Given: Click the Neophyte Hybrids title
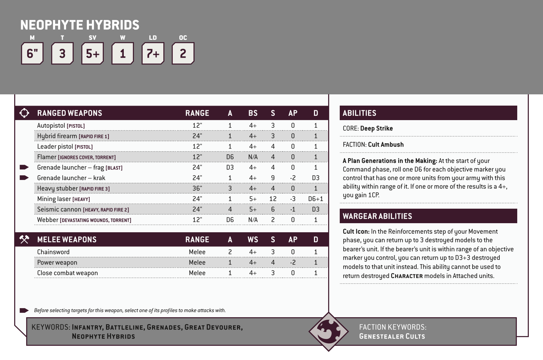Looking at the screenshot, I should click(80, 25).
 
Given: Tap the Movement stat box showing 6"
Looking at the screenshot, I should click(32, 54).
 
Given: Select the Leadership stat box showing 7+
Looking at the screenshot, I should click(153, 54).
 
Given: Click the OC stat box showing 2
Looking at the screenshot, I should click(183, 54).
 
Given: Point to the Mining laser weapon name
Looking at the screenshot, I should click(54, 199).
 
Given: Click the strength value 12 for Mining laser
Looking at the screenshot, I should click(273, 199).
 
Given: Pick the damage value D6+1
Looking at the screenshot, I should click(315, 199).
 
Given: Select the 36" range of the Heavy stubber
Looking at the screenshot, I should click(197, 188).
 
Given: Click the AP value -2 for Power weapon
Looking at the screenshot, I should click(293, 262).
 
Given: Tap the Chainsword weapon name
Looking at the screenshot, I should click(53, 252).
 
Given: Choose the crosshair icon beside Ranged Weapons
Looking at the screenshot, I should click(24, 113).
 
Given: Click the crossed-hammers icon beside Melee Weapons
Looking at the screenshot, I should click(24, 240).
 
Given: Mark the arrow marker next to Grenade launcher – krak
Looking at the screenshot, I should click(24, 178).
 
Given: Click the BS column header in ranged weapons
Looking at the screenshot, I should click(253, 113).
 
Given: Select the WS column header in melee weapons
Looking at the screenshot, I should click(253, 240).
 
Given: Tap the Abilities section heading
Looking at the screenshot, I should click(359, 113).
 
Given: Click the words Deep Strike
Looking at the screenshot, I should click(376, 128).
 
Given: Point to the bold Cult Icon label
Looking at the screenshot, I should click(356, 232).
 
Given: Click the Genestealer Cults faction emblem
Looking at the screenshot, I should click(328, 331).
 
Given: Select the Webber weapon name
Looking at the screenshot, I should click(48, 220).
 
